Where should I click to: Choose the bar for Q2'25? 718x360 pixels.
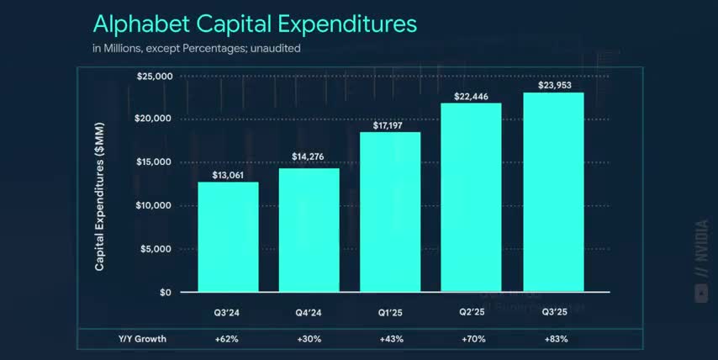click(471, 198)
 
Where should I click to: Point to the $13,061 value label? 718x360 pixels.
click(228, 174)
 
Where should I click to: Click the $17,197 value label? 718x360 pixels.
click(390, 124)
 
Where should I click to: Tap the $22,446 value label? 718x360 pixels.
click(471, 95)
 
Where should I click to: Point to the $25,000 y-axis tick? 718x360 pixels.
click(154, 77)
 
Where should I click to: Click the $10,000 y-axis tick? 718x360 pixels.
click(154, 205)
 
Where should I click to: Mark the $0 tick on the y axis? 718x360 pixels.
click(165, 292)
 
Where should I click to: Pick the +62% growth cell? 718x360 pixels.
click(228, 339)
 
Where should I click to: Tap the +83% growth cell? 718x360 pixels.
click(553, 339)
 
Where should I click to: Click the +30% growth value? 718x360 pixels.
click(309, 339)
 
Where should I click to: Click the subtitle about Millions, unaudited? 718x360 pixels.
click(196, 48)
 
